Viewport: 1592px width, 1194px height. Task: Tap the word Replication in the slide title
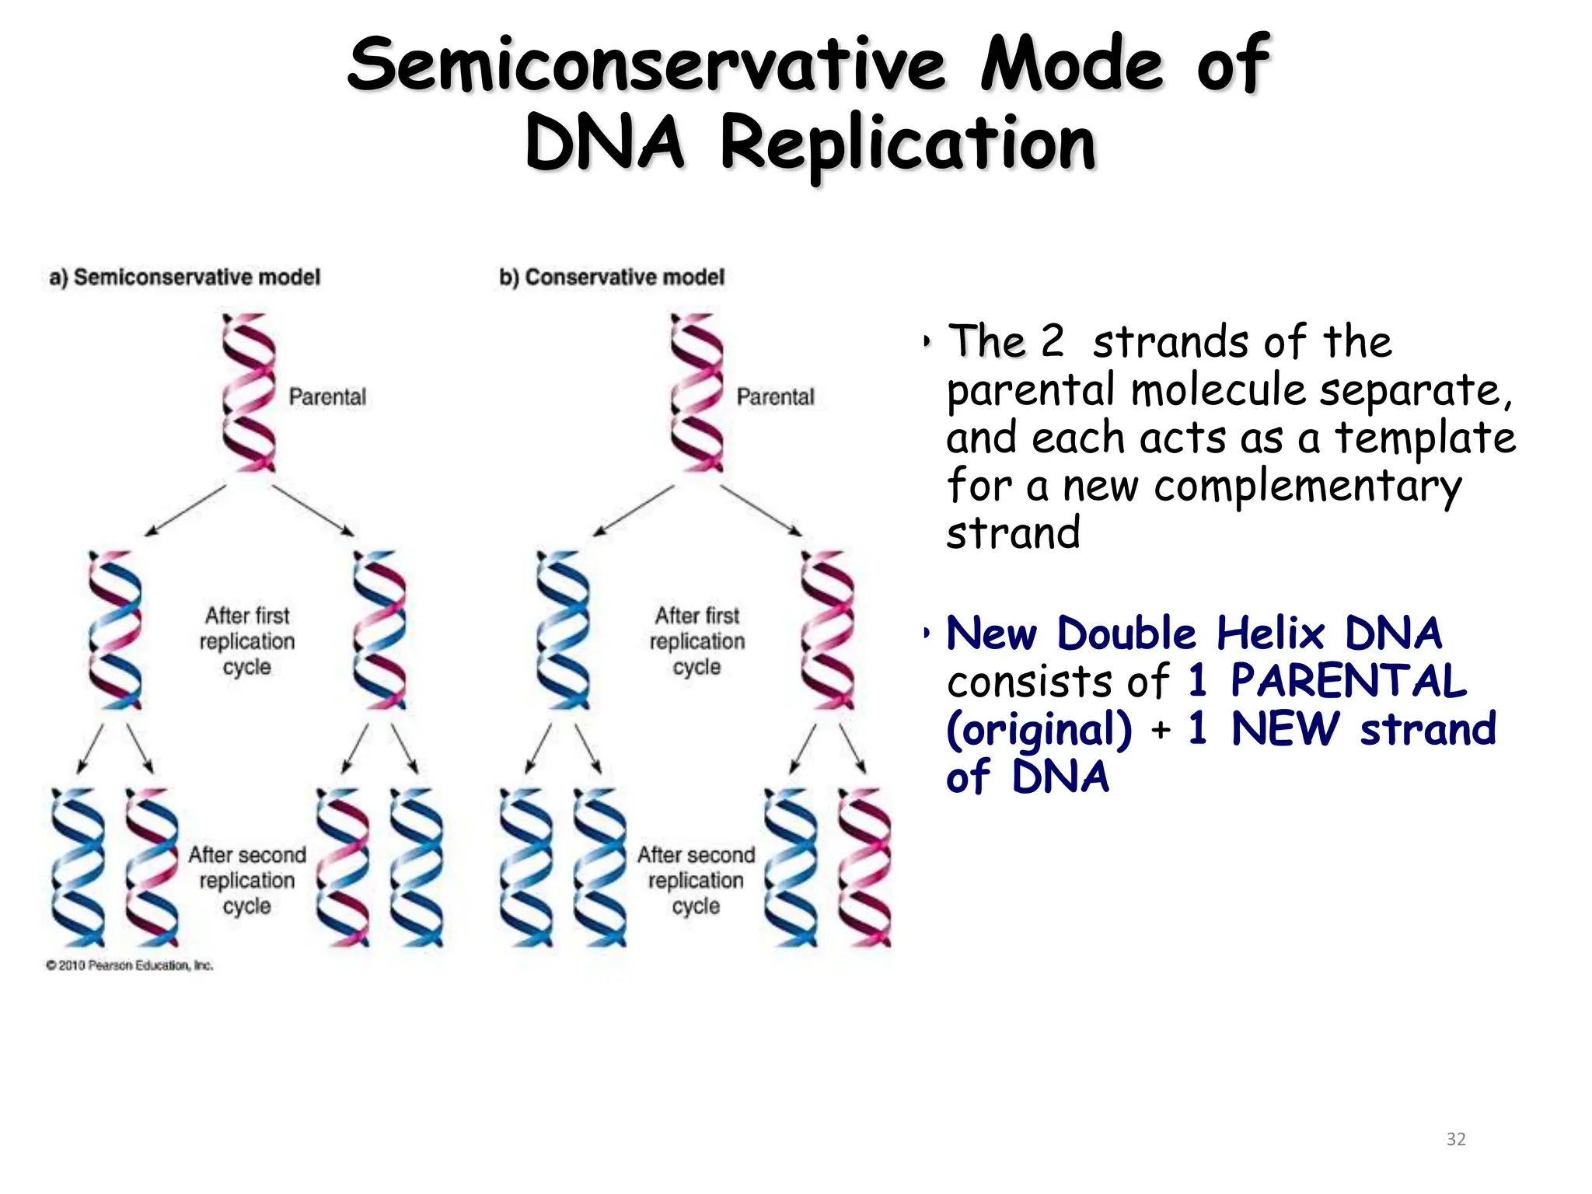tap(907, 145)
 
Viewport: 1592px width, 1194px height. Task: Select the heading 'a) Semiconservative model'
tap(185, 278)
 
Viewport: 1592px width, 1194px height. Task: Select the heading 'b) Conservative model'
tap(612, 278)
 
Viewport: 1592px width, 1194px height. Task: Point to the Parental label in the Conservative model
tap(775, 397)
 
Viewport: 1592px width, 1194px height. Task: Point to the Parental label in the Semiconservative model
tap(327, 397)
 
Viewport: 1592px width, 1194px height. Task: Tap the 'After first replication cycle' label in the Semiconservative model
tap(247, 641)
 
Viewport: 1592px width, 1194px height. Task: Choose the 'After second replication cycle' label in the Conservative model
tap(696, 880)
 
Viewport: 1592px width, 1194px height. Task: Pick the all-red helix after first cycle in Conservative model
tap(827, 630)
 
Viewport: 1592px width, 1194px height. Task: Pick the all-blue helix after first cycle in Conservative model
tap(563, 630)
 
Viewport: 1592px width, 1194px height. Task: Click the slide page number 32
tap(1456, 1140)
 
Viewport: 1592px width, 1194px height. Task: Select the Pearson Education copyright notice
tap(129, 965)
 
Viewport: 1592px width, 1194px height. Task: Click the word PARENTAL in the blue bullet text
tap(1349, 682)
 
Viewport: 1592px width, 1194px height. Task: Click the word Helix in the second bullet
tap(1269, 634)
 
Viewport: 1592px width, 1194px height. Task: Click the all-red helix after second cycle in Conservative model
tap(864, 868)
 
